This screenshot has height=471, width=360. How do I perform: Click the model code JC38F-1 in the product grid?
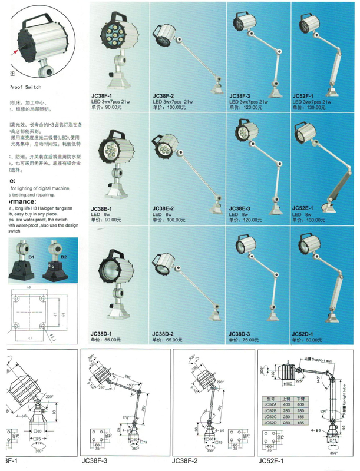point(101,95)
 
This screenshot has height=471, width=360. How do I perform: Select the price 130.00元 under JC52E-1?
point(312,219)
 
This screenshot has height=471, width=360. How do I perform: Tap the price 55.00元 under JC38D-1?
point(105,340)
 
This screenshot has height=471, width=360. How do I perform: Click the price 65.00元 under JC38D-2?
point(169,340)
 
